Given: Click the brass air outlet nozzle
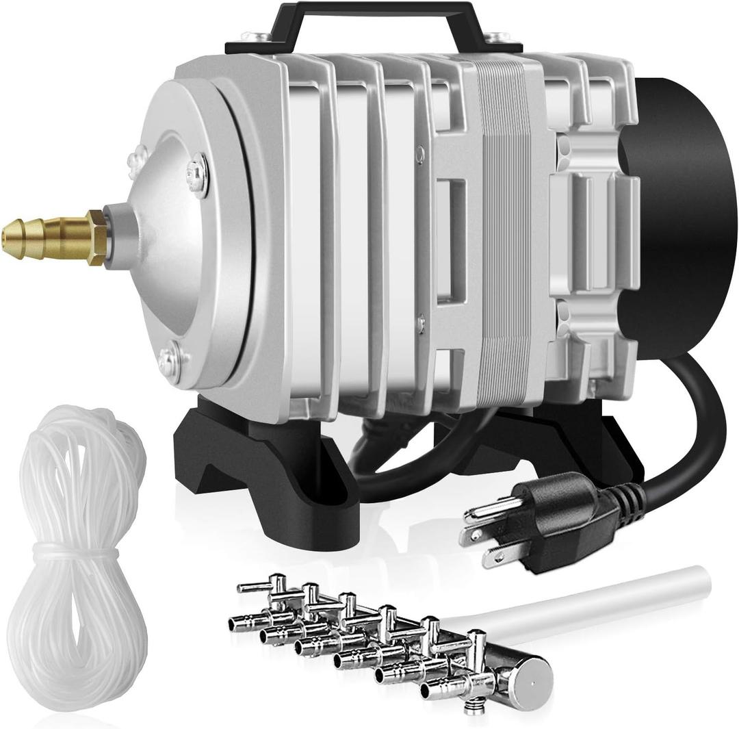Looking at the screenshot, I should click(x=41, y=237).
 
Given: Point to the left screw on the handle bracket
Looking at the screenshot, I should click(x=263, y=36).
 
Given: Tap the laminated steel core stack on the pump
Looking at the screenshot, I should click(x=506, y=226).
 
